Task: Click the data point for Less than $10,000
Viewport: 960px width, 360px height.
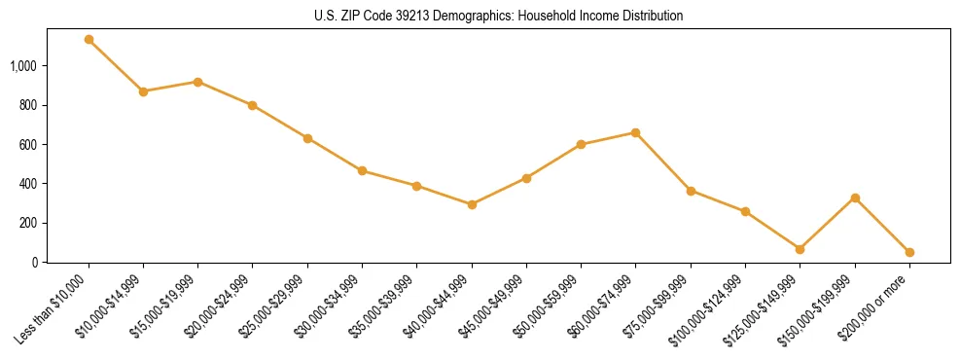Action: [89, 40]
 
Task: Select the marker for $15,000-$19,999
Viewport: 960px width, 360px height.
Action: [197, 82]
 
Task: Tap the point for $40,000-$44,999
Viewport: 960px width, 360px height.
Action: [472, 204]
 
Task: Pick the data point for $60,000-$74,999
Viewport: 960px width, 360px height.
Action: [635, 132]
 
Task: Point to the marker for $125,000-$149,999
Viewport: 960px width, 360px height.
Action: [800, 249]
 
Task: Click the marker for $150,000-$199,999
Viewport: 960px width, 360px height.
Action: [855, 198]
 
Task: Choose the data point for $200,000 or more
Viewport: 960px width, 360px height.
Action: [909, 252]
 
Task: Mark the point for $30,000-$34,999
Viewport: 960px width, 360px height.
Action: [362, 170]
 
